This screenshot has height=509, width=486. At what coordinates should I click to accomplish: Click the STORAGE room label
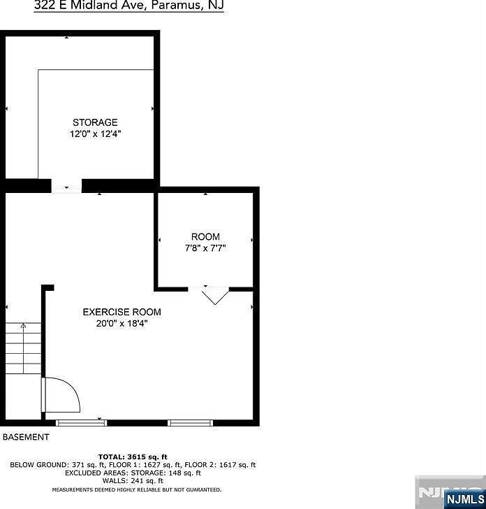[95, 122]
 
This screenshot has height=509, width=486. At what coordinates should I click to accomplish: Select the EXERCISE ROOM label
[122, 312]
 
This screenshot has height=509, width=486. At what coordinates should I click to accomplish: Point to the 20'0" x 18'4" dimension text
[122, 323]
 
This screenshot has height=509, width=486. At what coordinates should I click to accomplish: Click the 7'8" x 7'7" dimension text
[205, 248]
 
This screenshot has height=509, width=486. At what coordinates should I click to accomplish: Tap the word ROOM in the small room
[205, 237]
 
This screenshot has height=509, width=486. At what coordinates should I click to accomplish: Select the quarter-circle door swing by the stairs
[61, 396]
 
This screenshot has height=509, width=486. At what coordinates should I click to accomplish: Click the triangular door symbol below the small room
[215, 296]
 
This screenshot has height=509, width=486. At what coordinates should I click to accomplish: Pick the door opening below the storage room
[67, 187]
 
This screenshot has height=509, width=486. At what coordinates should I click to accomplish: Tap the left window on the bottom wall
[77, 422]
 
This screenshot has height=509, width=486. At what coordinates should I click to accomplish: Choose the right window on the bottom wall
[190, 422]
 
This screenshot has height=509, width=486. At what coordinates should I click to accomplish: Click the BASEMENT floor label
[26, 437]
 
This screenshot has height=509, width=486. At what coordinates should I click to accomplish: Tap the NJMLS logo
[450, 492]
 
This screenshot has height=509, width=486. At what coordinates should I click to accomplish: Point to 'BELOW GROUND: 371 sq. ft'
[49, 465]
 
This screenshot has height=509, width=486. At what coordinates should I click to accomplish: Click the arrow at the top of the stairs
[22, 325]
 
